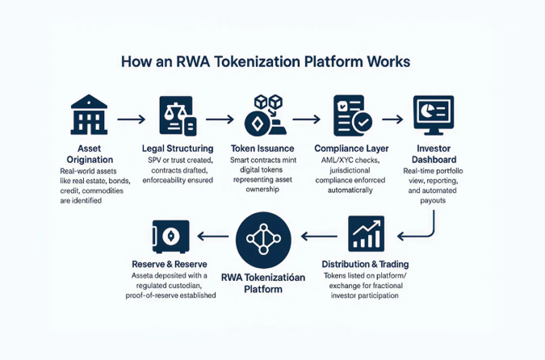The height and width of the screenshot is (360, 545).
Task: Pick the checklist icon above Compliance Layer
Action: [x=352, y=116]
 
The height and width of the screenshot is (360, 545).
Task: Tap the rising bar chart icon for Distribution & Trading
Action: [x=366, y=233]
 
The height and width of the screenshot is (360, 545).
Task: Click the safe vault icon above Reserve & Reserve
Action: [x=171, y=236]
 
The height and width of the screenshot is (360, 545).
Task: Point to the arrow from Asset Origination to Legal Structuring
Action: [x=131, y=119]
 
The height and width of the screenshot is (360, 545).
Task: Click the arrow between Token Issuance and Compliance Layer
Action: [x=307, y=119]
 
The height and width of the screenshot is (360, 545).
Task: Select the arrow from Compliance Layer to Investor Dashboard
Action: [x=392, y=119]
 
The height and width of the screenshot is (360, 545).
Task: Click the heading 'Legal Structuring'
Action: [x=178, y=149]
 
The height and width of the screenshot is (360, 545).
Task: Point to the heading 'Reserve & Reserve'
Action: [x=171, y=264]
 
